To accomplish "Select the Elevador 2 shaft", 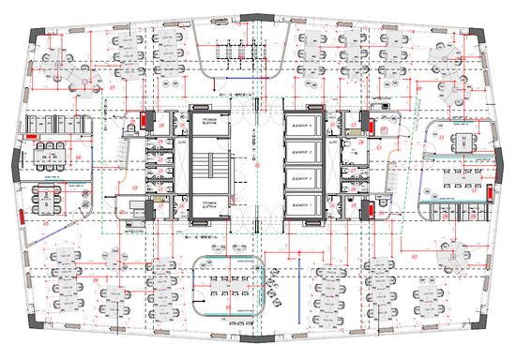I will coord(309,150).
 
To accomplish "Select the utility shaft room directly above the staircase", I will coord(205,126).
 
